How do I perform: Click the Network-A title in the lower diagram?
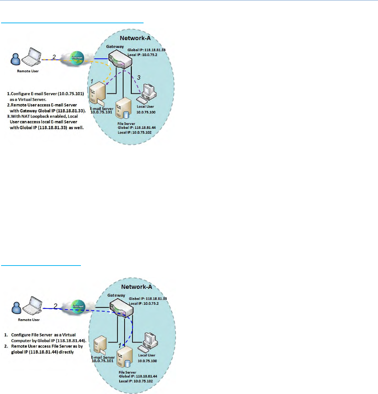[x=138, y=286]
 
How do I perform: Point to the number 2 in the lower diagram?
[x=55, y=296]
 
